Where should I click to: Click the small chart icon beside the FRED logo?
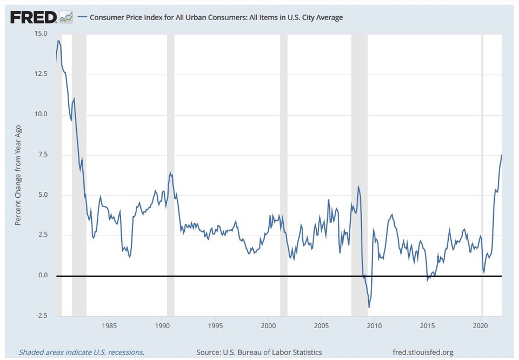coord(66,17)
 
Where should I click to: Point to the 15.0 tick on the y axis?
coord(40,34)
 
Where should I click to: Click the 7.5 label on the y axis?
coord(42,155)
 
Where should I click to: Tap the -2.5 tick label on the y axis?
coord(41,316)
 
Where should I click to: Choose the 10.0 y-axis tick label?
coord(40,114)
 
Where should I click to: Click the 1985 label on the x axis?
coord(110,326)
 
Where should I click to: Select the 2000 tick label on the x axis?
coord(269,326)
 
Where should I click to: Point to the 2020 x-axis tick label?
coord(481,326)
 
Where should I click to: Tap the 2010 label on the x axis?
coord(375,326)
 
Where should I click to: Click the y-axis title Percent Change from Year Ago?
coord(18,175)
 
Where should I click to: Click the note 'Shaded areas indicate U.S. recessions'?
coord(82,352)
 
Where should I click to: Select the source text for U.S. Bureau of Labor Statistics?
coord(259,352)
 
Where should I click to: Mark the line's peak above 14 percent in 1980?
coord(58,41)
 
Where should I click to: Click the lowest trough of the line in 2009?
coord(369,307)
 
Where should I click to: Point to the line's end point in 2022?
coord(501,156)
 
